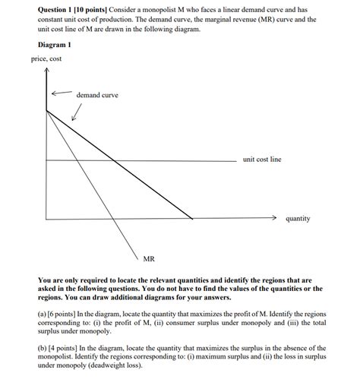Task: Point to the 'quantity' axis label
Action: click(x=298, y=218)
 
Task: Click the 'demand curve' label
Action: click(x=97, y=95)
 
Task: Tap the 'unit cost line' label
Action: click(x=262, y=160)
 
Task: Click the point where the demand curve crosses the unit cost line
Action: click(x=114, y=160)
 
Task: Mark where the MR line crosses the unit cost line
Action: click(x=81, y=160)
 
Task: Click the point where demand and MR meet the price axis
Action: click(x=47, y=112)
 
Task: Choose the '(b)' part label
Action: click(x=43, y=348)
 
